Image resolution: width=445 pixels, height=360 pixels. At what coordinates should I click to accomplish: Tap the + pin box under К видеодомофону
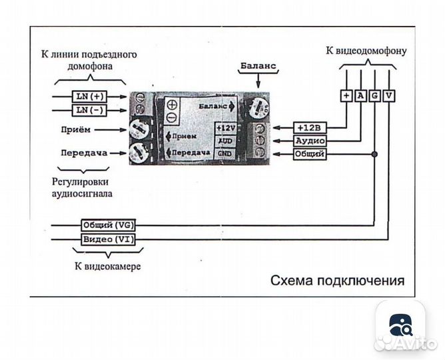[346, 95]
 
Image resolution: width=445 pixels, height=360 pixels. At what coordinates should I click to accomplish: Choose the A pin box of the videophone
[360, 95]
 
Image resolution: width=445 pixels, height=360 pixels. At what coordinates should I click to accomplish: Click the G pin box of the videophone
[375, 95]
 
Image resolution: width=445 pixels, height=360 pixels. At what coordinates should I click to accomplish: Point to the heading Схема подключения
[337, 281]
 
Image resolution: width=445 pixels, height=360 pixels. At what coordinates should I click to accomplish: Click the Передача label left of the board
[84, 153]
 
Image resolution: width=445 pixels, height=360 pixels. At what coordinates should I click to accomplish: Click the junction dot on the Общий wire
[375, 154]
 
